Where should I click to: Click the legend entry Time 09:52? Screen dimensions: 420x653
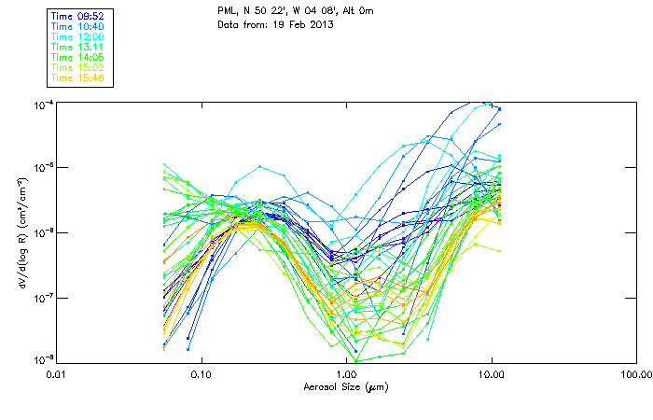pyautogui.click(x=76, y=16)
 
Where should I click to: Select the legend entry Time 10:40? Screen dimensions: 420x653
pyautogui.click(x=76, y=26)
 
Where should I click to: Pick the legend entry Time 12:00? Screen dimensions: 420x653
pyautogui.click(x=76, y=36)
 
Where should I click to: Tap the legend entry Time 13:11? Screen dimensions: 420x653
pyautogui.click(x=76, y=47)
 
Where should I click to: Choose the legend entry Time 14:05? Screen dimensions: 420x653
pyautogui.click(x=76, y=57)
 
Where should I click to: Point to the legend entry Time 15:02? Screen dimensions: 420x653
pyautogui.click(x=76, y=67)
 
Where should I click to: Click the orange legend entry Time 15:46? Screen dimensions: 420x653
pyautogui.click(x=76, y=77)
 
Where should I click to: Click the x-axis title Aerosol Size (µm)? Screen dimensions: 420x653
pyautogui.click(x=346, y=386)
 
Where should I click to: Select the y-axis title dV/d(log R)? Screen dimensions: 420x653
pyautogui.click(x=21, y=231)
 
